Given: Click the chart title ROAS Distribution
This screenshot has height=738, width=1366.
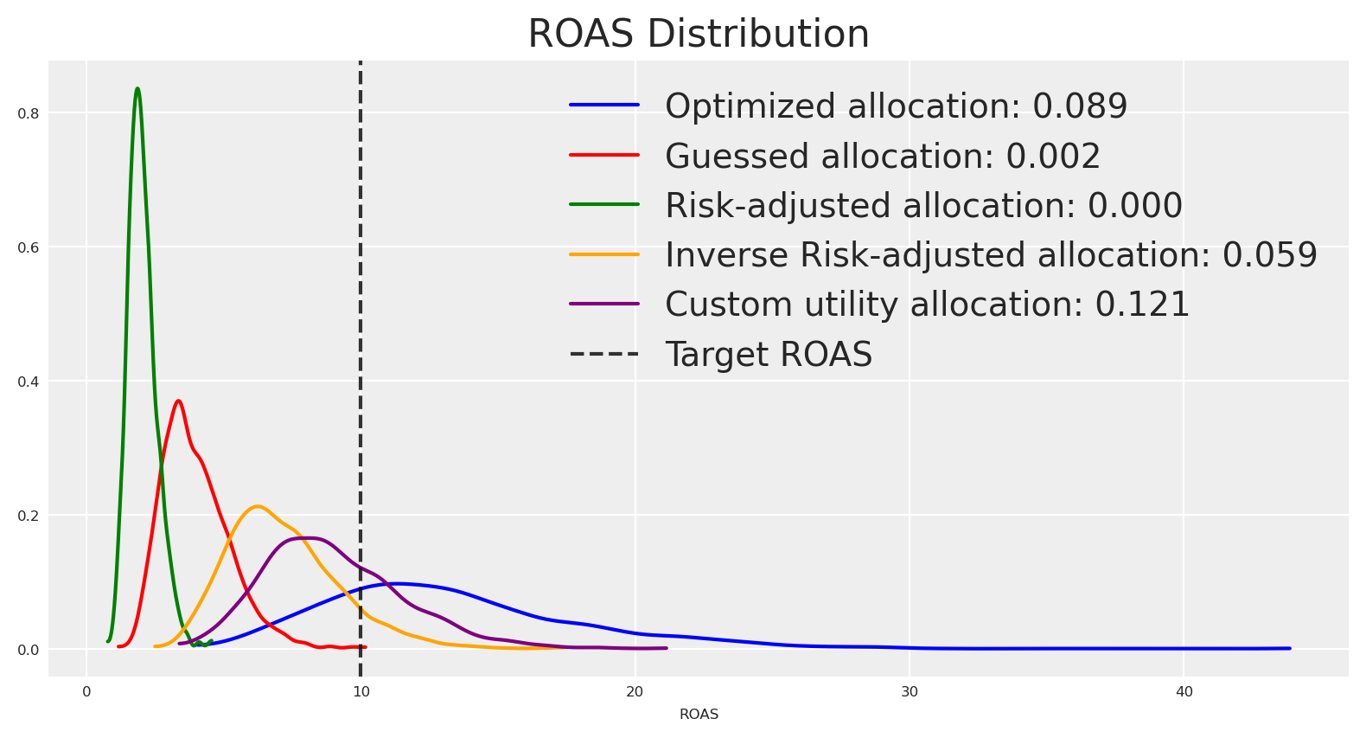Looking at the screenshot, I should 699,35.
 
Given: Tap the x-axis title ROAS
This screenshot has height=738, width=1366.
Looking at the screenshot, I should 699,715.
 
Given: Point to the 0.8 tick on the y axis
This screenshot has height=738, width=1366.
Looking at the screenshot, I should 29,113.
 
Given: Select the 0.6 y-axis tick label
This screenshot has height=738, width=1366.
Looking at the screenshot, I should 29,247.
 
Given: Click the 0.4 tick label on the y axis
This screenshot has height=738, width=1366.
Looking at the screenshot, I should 29,382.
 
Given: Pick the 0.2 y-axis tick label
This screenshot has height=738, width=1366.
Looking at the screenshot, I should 29,516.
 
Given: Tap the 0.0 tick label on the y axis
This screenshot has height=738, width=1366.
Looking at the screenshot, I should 29,650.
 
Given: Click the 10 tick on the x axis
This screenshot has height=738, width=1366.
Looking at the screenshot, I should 361,692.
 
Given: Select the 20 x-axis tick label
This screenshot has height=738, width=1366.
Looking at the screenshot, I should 635,692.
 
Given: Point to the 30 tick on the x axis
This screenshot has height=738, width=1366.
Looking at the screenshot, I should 910,692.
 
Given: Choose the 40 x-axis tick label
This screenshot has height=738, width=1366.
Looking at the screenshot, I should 1184,692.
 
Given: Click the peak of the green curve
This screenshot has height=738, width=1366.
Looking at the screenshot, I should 137,88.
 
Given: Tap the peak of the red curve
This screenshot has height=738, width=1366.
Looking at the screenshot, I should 179,401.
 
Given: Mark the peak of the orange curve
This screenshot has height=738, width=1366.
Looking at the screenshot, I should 257,506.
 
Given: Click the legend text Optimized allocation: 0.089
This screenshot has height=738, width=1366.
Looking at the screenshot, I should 896,106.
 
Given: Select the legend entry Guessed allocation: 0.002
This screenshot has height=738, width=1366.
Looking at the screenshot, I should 883,157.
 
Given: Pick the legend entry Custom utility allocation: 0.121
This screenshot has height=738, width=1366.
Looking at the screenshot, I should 927,305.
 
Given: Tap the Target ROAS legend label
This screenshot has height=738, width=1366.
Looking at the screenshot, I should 769,355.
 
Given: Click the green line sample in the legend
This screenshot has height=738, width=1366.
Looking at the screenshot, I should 604,205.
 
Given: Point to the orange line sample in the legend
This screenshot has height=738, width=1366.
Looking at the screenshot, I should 604,254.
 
